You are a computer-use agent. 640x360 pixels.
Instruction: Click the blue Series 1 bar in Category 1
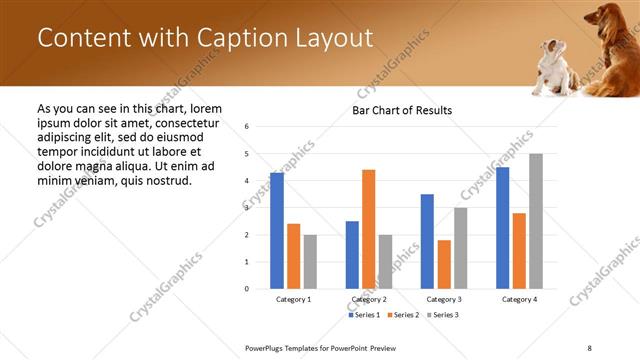coord(277,231)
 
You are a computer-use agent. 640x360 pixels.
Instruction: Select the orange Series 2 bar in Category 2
coord(369,229)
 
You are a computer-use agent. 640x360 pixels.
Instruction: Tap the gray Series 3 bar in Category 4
coord(536,221)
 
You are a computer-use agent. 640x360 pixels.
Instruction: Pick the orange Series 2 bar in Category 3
coord(444,264)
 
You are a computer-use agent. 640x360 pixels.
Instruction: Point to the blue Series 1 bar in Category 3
coord(427,241)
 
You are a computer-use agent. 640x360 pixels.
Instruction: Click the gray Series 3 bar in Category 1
coord(310,262)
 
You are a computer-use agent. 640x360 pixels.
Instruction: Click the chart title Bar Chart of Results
coord(402,110)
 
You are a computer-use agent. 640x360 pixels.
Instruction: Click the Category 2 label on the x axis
coord(369,299)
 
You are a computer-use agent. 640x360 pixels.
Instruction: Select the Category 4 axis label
coord(519,299)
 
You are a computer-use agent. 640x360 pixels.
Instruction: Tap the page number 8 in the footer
coord(589,347)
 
